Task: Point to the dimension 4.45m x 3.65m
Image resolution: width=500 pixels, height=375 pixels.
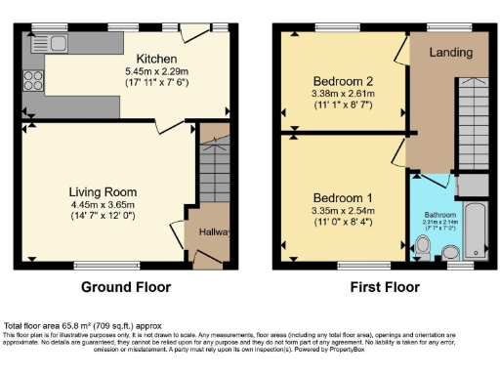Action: click(x=103, y=205)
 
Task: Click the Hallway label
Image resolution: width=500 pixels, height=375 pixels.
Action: click(x=208, y=231)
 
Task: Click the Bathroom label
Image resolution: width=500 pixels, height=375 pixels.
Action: click(x=438, y=214)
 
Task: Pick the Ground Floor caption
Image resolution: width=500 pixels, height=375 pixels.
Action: click(x=126, y=287)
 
